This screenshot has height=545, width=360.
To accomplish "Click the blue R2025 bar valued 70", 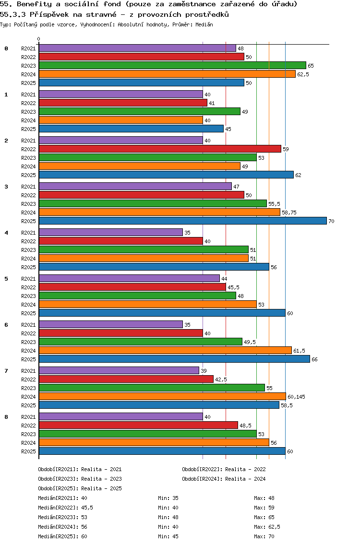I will (182, 221).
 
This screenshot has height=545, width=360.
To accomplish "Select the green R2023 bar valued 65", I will (172, 65).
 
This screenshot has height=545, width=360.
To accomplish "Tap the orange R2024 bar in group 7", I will (162, 396).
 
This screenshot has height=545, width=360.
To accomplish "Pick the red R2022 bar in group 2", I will (160, 149).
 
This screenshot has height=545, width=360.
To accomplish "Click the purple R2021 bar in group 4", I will (111, 232).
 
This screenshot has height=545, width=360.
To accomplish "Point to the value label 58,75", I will (289, 213).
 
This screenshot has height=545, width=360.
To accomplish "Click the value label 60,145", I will (296, 397).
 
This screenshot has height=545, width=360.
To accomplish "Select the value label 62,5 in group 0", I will (303, 74).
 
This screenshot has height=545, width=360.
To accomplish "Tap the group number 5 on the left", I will (6, 279).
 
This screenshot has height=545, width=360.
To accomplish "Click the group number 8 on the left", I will (6, 417).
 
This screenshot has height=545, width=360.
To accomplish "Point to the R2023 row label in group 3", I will (28, 204).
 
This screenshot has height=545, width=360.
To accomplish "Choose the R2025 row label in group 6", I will (28, 359).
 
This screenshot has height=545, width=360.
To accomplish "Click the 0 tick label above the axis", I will (39, 39).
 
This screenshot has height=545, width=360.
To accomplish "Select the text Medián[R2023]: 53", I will (62, 517).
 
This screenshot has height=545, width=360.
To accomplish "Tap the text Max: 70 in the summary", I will (264, 536).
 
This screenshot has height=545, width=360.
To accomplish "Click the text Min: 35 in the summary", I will (168, 498).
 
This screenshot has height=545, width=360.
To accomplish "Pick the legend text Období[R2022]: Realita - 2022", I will (224, 469).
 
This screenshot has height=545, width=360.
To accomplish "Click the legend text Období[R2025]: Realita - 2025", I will (80, 488).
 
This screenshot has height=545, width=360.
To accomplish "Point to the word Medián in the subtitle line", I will (204, 24).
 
